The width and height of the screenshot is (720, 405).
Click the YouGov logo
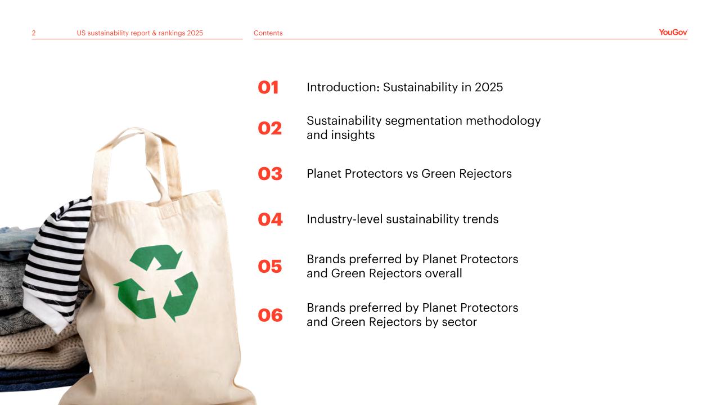[x=673, y=32]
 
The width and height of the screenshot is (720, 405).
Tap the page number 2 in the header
[x=34, y=33]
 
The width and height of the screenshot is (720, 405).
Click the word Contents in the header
[x=268, y=33]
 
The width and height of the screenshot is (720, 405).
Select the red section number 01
[x=268, y=87]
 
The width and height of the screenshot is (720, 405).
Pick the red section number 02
[x=269, y=128]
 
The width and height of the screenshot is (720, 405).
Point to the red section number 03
[x=270, y=174]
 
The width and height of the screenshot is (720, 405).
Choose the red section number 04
[x=271, y=219]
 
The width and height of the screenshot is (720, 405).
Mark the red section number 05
[x=269, y=267]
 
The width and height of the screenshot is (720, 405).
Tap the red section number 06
[x=271, y=316]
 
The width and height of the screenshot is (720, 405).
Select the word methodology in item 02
[x=503, y=121]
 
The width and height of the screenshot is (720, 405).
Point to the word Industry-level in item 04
[x=345, y=219]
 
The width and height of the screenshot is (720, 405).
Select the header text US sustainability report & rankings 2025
[x=140, y=33]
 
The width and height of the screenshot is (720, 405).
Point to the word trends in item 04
[x=480, y=219]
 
